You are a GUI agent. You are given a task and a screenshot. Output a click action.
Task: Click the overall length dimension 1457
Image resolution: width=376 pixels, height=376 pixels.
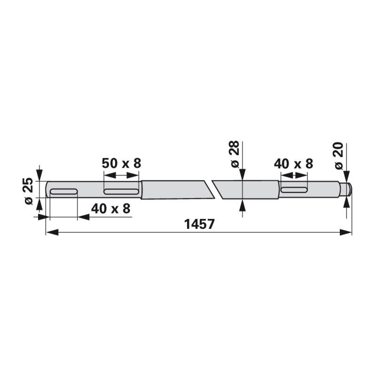[199, 225]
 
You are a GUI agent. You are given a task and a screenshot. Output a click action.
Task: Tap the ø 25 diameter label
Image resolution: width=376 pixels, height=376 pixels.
[29, 191]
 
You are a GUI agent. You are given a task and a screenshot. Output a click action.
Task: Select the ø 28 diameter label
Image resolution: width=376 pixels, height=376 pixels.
[235, 154]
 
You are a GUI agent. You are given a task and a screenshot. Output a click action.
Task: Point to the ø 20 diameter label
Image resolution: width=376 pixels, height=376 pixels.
[339, 156]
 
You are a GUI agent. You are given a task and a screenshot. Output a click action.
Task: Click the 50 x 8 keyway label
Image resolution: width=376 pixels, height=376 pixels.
[121, 164]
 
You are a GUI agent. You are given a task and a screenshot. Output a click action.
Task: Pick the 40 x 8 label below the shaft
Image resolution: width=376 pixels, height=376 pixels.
[110, 209]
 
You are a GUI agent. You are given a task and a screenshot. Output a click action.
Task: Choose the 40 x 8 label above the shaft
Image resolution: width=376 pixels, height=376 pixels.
[293, 164]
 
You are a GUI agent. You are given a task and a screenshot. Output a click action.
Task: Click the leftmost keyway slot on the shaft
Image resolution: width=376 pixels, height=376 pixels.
[63, 191]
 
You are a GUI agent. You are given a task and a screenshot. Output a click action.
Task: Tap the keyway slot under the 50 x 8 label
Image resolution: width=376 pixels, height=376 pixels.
[121, 191]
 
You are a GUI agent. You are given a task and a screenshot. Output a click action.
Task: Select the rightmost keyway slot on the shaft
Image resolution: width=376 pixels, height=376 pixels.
[294, 190]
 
